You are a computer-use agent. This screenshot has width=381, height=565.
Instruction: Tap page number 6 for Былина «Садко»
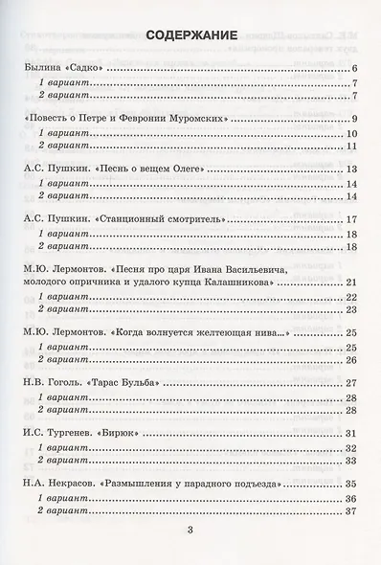pyautogui.click(x=354, y=71)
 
